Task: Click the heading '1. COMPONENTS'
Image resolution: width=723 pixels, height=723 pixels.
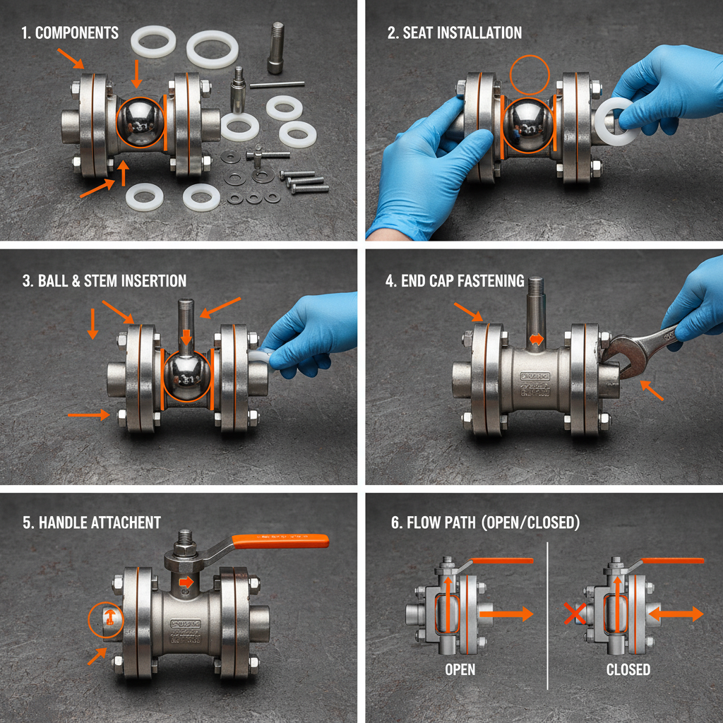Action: click(x=71, y=32)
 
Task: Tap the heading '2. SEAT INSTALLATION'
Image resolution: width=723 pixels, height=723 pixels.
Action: click(x=455, y=32)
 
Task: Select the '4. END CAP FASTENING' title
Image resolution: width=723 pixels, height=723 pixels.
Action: click(x=455, y=281)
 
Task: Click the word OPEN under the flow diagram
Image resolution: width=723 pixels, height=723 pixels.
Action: click(x=460, y=669)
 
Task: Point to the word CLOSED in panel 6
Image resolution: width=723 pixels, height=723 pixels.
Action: click(x=628, y=669)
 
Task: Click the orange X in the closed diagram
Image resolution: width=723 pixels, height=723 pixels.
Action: click(x=575, y=614)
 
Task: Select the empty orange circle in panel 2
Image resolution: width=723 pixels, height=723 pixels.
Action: click(x=530, y=76)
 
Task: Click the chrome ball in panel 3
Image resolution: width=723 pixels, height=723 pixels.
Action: click(x=186, y=379)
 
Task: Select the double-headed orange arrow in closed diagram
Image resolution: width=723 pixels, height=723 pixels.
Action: click(x=676, y=614)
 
